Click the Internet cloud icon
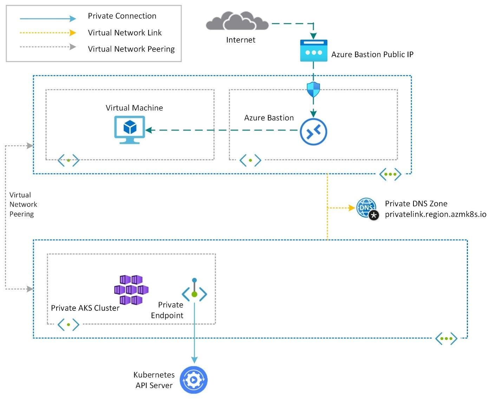tap(237, 21)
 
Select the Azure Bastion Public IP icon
tap(314, 51)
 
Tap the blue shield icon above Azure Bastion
tap(313, 89)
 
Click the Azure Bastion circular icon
tap(313, 132)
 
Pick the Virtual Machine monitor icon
tap(130, 129)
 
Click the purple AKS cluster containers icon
tap(131, 290)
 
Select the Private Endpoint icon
tap(194, 291)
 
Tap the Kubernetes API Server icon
tap(194, 380)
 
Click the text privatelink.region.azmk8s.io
tap(436, 214)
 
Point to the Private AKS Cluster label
tap(85, 308)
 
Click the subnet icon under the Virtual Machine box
tap(68, 160)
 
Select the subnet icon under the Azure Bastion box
tap(250, 160)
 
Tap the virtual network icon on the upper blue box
tap(390, 174)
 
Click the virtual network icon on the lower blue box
tap(446, 339)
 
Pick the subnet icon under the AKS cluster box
tap(68, 325)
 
